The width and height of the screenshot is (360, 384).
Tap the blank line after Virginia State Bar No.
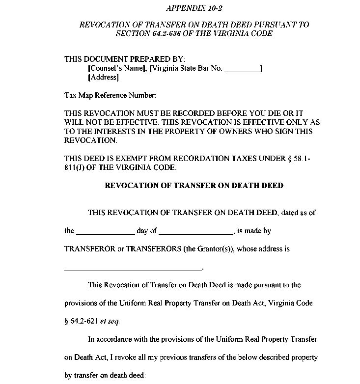click(242, 69)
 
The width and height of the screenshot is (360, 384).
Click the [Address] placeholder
click(103, 78)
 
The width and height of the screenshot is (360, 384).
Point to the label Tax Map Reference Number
click(110, 95)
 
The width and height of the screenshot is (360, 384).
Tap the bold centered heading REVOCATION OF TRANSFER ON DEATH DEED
click(194, 186)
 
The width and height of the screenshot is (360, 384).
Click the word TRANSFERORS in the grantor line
click(153, 248)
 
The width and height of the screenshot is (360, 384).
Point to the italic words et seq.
click(110, 322)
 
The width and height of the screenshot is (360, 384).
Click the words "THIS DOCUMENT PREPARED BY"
click(124, 59)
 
